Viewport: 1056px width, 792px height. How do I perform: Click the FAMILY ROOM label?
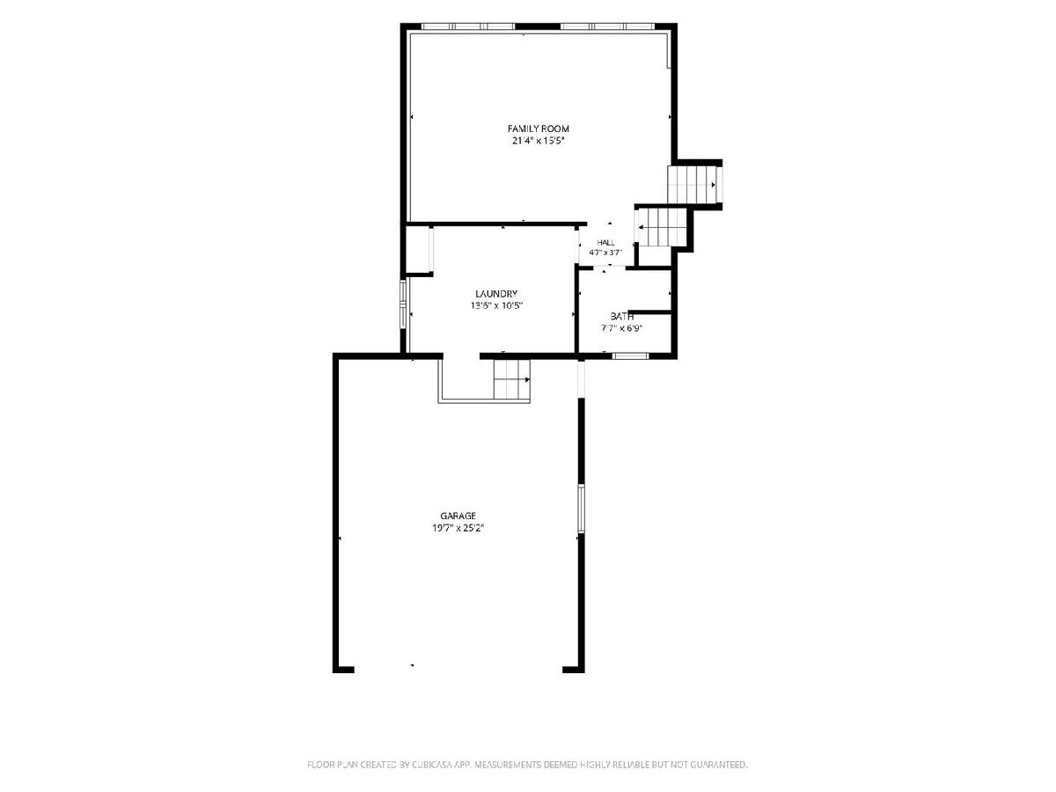click(x=538, y=128)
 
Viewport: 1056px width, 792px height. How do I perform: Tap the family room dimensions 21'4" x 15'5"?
click(x=538, y=141)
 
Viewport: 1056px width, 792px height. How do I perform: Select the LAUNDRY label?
click(x=496, y=293)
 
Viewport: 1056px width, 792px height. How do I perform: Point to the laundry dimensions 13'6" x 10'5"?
click(x=496, y=305)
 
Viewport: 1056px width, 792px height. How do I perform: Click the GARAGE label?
click(x=458, y=516)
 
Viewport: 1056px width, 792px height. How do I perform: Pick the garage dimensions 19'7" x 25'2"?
click(x=458, y=528)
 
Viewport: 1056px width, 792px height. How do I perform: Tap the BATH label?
click(x=621, y=317)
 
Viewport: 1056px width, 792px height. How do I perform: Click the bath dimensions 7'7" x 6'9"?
click(x=621, y=328)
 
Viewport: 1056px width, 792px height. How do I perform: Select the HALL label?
click(x=605, y=242)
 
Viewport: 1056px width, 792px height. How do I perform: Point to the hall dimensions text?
click(x=605, y=252)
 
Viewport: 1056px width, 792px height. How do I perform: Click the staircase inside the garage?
click(x=512, y=379)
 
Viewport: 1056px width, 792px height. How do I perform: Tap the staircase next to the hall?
click(x=661, y=227)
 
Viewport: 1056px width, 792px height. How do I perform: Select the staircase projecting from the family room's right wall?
click(x=692, y=185)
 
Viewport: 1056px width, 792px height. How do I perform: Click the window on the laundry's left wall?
click(x=404, y=304)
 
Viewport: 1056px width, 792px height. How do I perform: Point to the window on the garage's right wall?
click(x=581, y=509)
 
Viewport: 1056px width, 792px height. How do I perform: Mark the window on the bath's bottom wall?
click(x=630, y=356)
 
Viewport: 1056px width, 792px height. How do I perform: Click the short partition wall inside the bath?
click(x=649, y=312)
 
